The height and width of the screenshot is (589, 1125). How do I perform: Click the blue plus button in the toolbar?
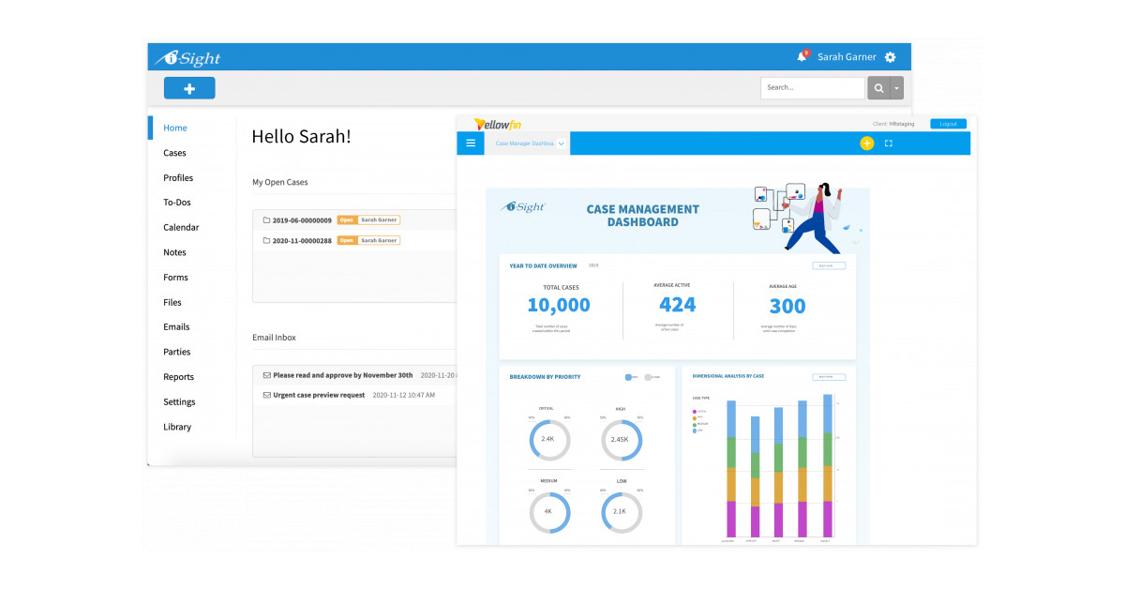click(189, 88)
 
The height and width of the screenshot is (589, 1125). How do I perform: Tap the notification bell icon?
click(802, 57)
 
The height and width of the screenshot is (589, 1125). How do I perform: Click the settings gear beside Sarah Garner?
click(890, 57)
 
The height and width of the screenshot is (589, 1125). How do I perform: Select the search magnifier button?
click(878, 88)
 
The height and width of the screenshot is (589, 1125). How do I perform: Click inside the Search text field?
click(811, 88)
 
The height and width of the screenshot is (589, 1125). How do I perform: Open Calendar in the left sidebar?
click(181, 228)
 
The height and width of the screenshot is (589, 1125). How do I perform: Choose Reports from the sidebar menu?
click(178, 377)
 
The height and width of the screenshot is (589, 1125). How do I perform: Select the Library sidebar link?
click(176, 427)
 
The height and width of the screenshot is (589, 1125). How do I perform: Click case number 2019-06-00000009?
click(302, 220)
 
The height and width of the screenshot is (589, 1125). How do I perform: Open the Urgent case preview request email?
click(319, 395)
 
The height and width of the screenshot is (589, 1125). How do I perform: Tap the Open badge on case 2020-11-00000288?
click(347, 240)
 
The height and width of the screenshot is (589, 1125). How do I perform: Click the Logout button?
click(948, 124)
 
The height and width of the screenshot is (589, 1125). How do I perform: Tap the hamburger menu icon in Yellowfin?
click(471, 143)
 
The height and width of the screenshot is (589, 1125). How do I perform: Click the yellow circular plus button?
click(866, 143)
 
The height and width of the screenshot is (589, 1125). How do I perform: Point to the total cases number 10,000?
click(559, 305)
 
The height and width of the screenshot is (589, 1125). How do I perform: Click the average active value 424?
click(677, 305)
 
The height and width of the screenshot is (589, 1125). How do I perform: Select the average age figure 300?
click(787, 306)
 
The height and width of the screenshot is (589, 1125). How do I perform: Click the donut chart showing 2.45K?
click(620, 439)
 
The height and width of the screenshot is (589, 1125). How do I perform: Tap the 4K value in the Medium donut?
click(548, 512)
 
